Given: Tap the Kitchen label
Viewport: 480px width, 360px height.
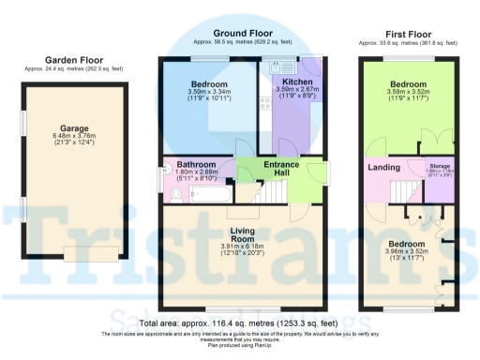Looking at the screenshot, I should pos(283,82).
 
